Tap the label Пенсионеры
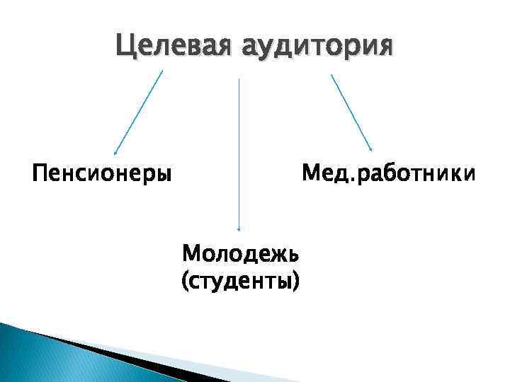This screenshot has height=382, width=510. click(x=102, y=173)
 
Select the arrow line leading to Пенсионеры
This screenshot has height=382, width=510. click(x=139, y=111)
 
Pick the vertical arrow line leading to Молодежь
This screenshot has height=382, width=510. click(x=239, y=156)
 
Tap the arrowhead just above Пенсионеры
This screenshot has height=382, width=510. click(x=116, y=151)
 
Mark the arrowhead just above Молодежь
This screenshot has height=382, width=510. click(x=239, y=228)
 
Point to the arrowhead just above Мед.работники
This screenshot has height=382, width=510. click(x=371, y=149)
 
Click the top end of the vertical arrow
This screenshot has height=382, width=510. click(x=239, y=79)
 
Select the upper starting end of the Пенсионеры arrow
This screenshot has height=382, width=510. click(x=162, y=71)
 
